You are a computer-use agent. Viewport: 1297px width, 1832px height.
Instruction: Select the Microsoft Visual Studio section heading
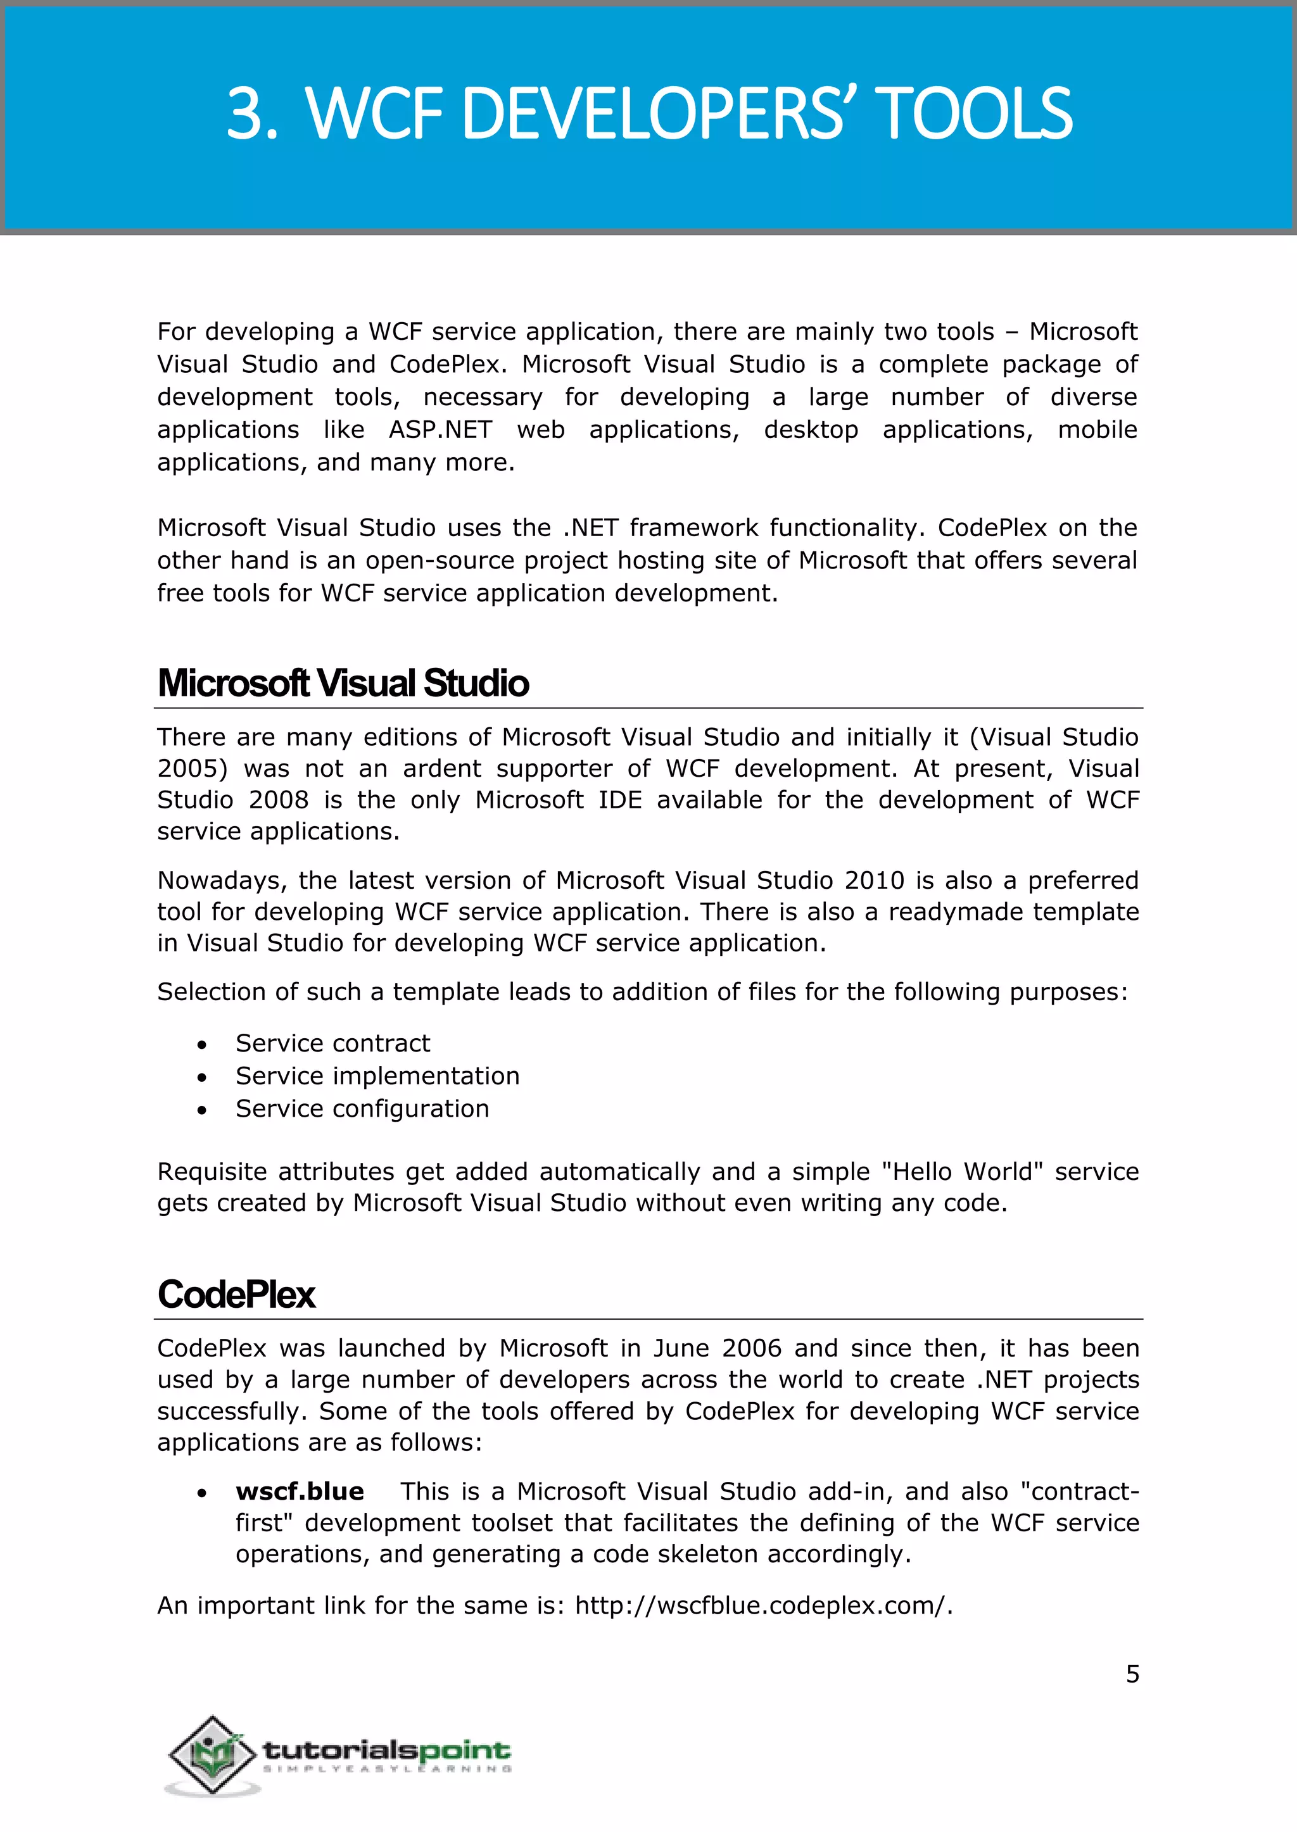coord(343,683)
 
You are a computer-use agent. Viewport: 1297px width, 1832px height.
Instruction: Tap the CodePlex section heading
coord(236,1294)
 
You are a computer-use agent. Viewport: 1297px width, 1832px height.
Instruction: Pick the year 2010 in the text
coord(874,881)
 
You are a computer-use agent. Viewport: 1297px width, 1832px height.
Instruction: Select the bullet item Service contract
coord(332,1043)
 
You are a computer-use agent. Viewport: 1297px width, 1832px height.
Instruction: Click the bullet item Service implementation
coord(377,1076)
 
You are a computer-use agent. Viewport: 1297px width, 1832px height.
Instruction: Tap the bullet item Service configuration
coord(362,1109)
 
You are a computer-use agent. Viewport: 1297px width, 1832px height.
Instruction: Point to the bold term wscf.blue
coord(300,1491)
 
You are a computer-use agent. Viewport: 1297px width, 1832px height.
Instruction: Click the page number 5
coord(1132,1674)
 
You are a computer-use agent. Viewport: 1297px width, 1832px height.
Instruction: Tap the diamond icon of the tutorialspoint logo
coord(212,1755)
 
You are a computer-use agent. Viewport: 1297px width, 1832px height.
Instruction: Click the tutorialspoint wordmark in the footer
coord(386,1750)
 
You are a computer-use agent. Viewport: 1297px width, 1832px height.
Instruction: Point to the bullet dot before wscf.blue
coord(203,1493)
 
